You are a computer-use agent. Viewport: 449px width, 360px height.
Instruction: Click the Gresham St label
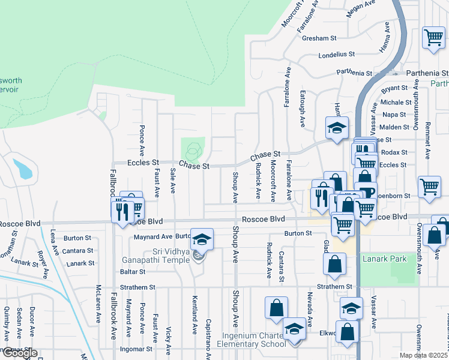pos(319,38)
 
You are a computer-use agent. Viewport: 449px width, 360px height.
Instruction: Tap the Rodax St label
pos(394,152)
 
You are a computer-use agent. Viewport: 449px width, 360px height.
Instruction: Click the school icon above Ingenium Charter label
pos(294,329)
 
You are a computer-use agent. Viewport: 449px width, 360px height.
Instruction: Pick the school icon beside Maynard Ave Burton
pos(202,239)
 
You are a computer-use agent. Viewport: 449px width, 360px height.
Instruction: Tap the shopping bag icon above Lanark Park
pos(334,262)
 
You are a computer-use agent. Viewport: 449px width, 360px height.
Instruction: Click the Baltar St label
pos(133,272)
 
